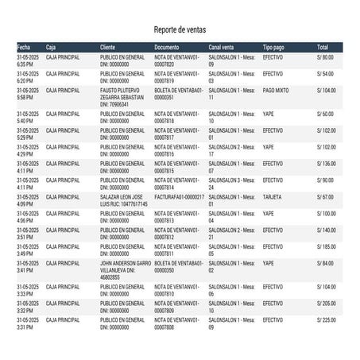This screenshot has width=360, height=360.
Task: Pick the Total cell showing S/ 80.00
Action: coord(325,58)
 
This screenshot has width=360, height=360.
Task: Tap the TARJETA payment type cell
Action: coord(273,196)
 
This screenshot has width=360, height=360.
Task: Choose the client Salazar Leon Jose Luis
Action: coord(122,199)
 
